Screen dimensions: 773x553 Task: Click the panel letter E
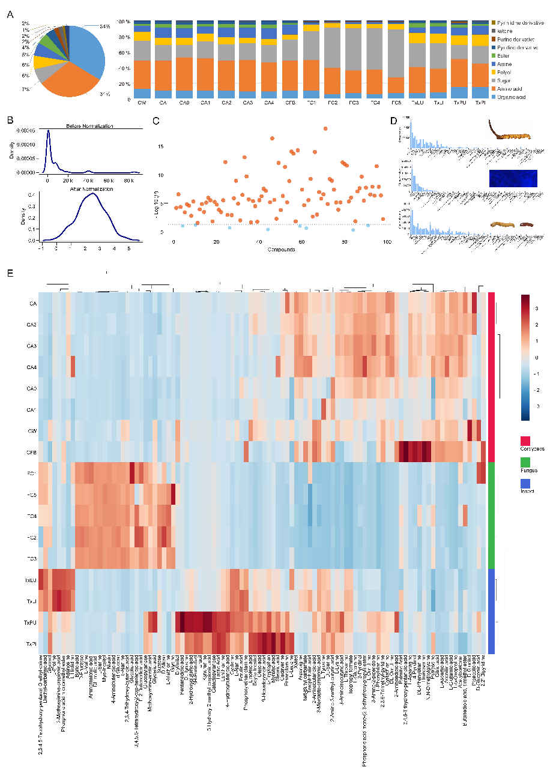pyautogui.click(x=10, y=273)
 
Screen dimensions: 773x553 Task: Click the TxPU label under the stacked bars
pyautogui.click(x=458, y=103)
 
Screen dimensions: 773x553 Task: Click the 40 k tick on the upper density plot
pyautogui.click(x=88, y=181)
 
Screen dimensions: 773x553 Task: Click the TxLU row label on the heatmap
pyautogui.click(x=30, y=580)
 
